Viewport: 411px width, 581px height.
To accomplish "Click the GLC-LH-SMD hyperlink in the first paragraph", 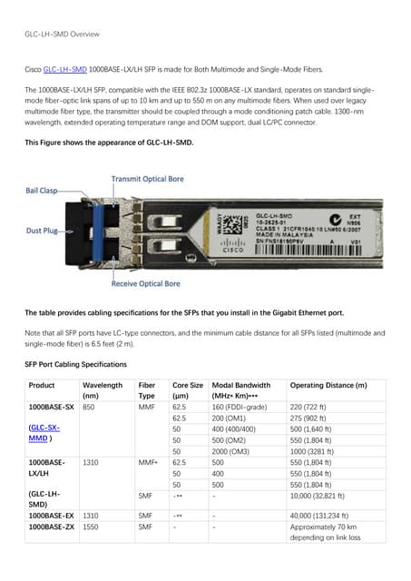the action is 65,69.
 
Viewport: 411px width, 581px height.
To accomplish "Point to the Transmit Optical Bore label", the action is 150,179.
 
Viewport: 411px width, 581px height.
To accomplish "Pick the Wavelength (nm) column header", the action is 102,391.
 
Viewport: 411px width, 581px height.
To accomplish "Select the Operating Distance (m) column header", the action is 328,386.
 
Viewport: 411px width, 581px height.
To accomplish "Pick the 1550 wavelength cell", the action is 91,527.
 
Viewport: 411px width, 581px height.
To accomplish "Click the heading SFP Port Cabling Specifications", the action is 75,364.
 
